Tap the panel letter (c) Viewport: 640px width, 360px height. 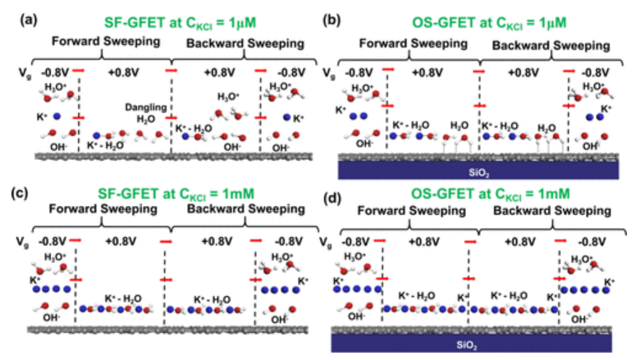26,194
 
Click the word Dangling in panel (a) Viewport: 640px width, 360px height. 142,107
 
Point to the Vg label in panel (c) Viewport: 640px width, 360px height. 21,244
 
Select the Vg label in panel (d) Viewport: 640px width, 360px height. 328,244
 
